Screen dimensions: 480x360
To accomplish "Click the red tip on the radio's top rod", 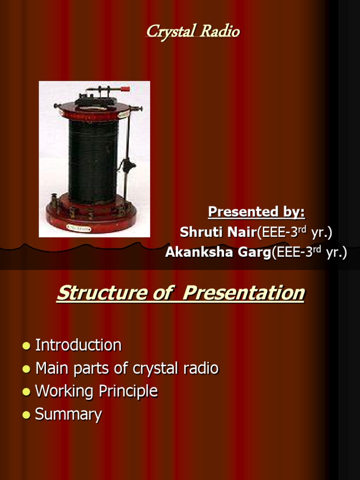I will (125, 88).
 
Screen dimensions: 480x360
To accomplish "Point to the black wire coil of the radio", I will (93, 159).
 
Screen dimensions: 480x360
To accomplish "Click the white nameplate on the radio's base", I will (79, 227).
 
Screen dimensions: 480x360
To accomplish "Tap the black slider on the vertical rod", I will (127, 165).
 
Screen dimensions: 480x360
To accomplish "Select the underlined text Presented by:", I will (256, 212).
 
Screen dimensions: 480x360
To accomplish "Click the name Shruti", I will (200, 232).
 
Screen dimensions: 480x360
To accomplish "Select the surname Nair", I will (240, 232).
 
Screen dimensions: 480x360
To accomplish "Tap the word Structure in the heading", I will (102, 293).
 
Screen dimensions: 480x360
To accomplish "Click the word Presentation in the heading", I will (243, 293).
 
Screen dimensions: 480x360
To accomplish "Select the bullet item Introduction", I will (78, 345).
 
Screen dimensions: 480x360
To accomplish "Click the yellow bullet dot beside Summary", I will (26, 414).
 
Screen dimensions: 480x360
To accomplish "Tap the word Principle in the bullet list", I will (128, 391).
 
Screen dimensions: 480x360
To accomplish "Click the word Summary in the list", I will (68, 414).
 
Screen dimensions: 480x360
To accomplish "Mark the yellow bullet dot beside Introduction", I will (26, 345).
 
